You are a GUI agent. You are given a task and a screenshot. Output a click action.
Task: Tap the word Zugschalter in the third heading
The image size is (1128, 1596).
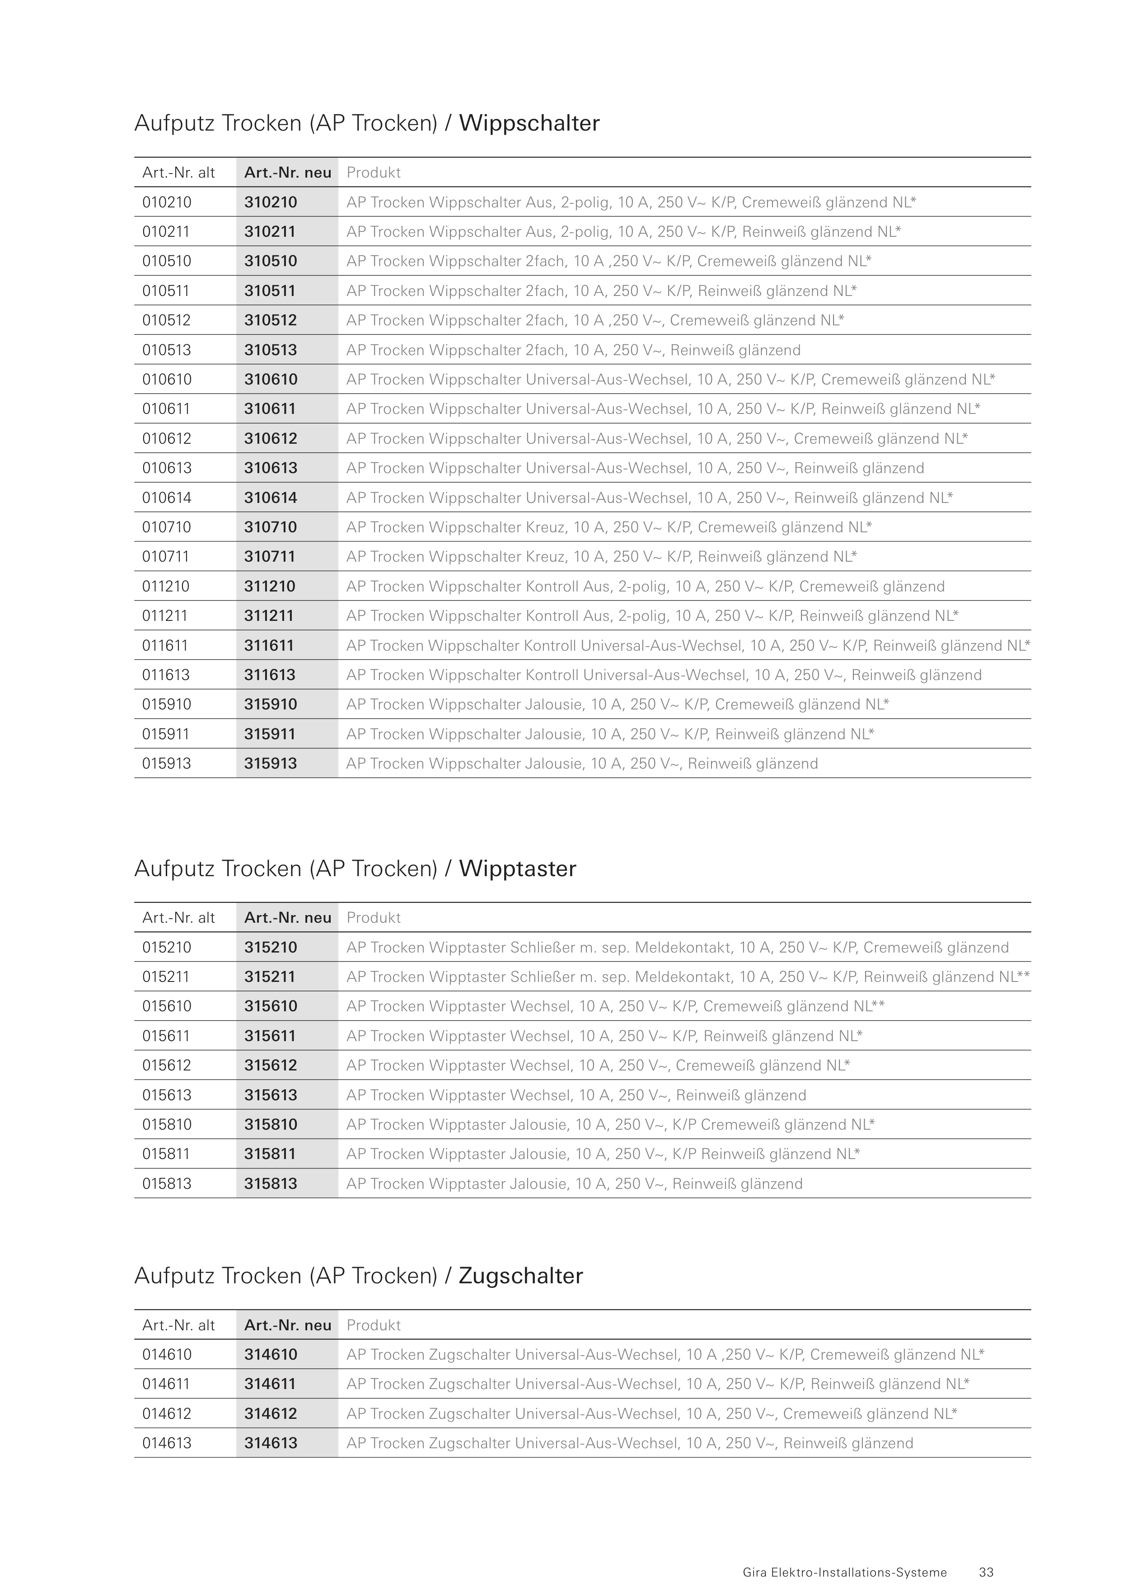click(x=520, y=1276)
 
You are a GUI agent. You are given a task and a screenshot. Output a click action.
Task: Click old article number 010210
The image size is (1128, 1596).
click(x=167, y=202)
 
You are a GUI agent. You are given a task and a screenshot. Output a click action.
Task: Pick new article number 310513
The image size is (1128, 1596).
click(x=270, y=350)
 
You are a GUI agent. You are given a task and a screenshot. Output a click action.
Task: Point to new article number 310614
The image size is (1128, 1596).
click(x=270, y=498)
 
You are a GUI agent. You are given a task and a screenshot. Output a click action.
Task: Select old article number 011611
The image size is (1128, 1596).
click(x=165, y=645)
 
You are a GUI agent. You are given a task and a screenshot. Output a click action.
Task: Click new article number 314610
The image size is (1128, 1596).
click(x=270, y=1354)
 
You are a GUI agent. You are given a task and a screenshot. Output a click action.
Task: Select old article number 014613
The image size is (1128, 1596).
click(x=167, y=1443)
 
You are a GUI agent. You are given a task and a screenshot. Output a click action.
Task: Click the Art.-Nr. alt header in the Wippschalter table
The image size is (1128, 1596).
click(x=178, y=173)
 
